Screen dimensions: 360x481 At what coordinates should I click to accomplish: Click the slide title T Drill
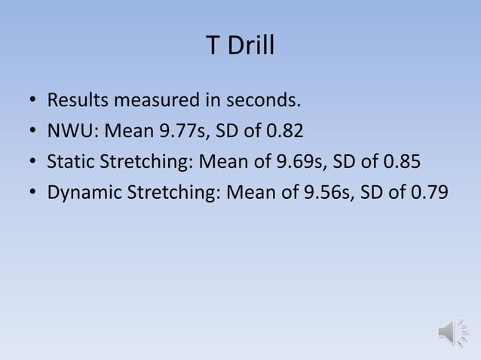click(x=240, y=47)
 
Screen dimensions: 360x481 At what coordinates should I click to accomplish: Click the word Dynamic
click(x=82, y=192)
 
